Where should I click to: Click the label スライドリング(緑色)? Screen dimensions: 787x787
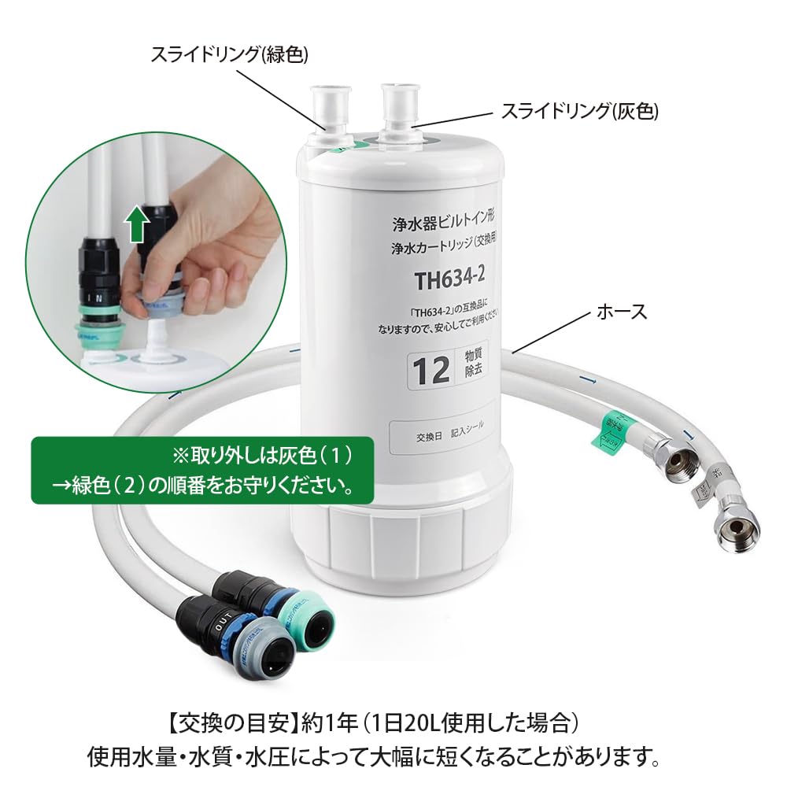tap(229, 54)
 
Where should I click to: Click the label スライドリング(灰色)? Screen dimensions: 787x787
tap(580, 112)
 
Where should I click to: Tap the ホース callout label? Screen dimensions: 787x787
tap(623, 312)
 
